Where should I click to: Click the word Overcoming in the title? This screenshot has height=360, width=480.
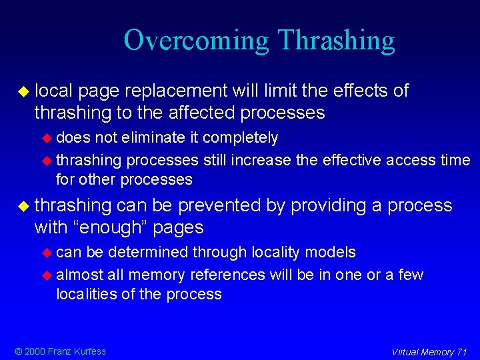point(197,41)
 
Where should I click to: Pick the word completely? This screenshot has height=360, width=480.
point(240,137)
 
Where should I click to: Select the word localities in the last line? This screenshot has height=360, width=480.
point(86,294)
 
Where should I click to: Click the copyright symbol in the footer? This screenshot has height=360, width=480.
point(18,351)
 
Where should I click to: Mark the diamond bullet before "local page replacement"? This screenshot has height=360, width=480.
point(25,91)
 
